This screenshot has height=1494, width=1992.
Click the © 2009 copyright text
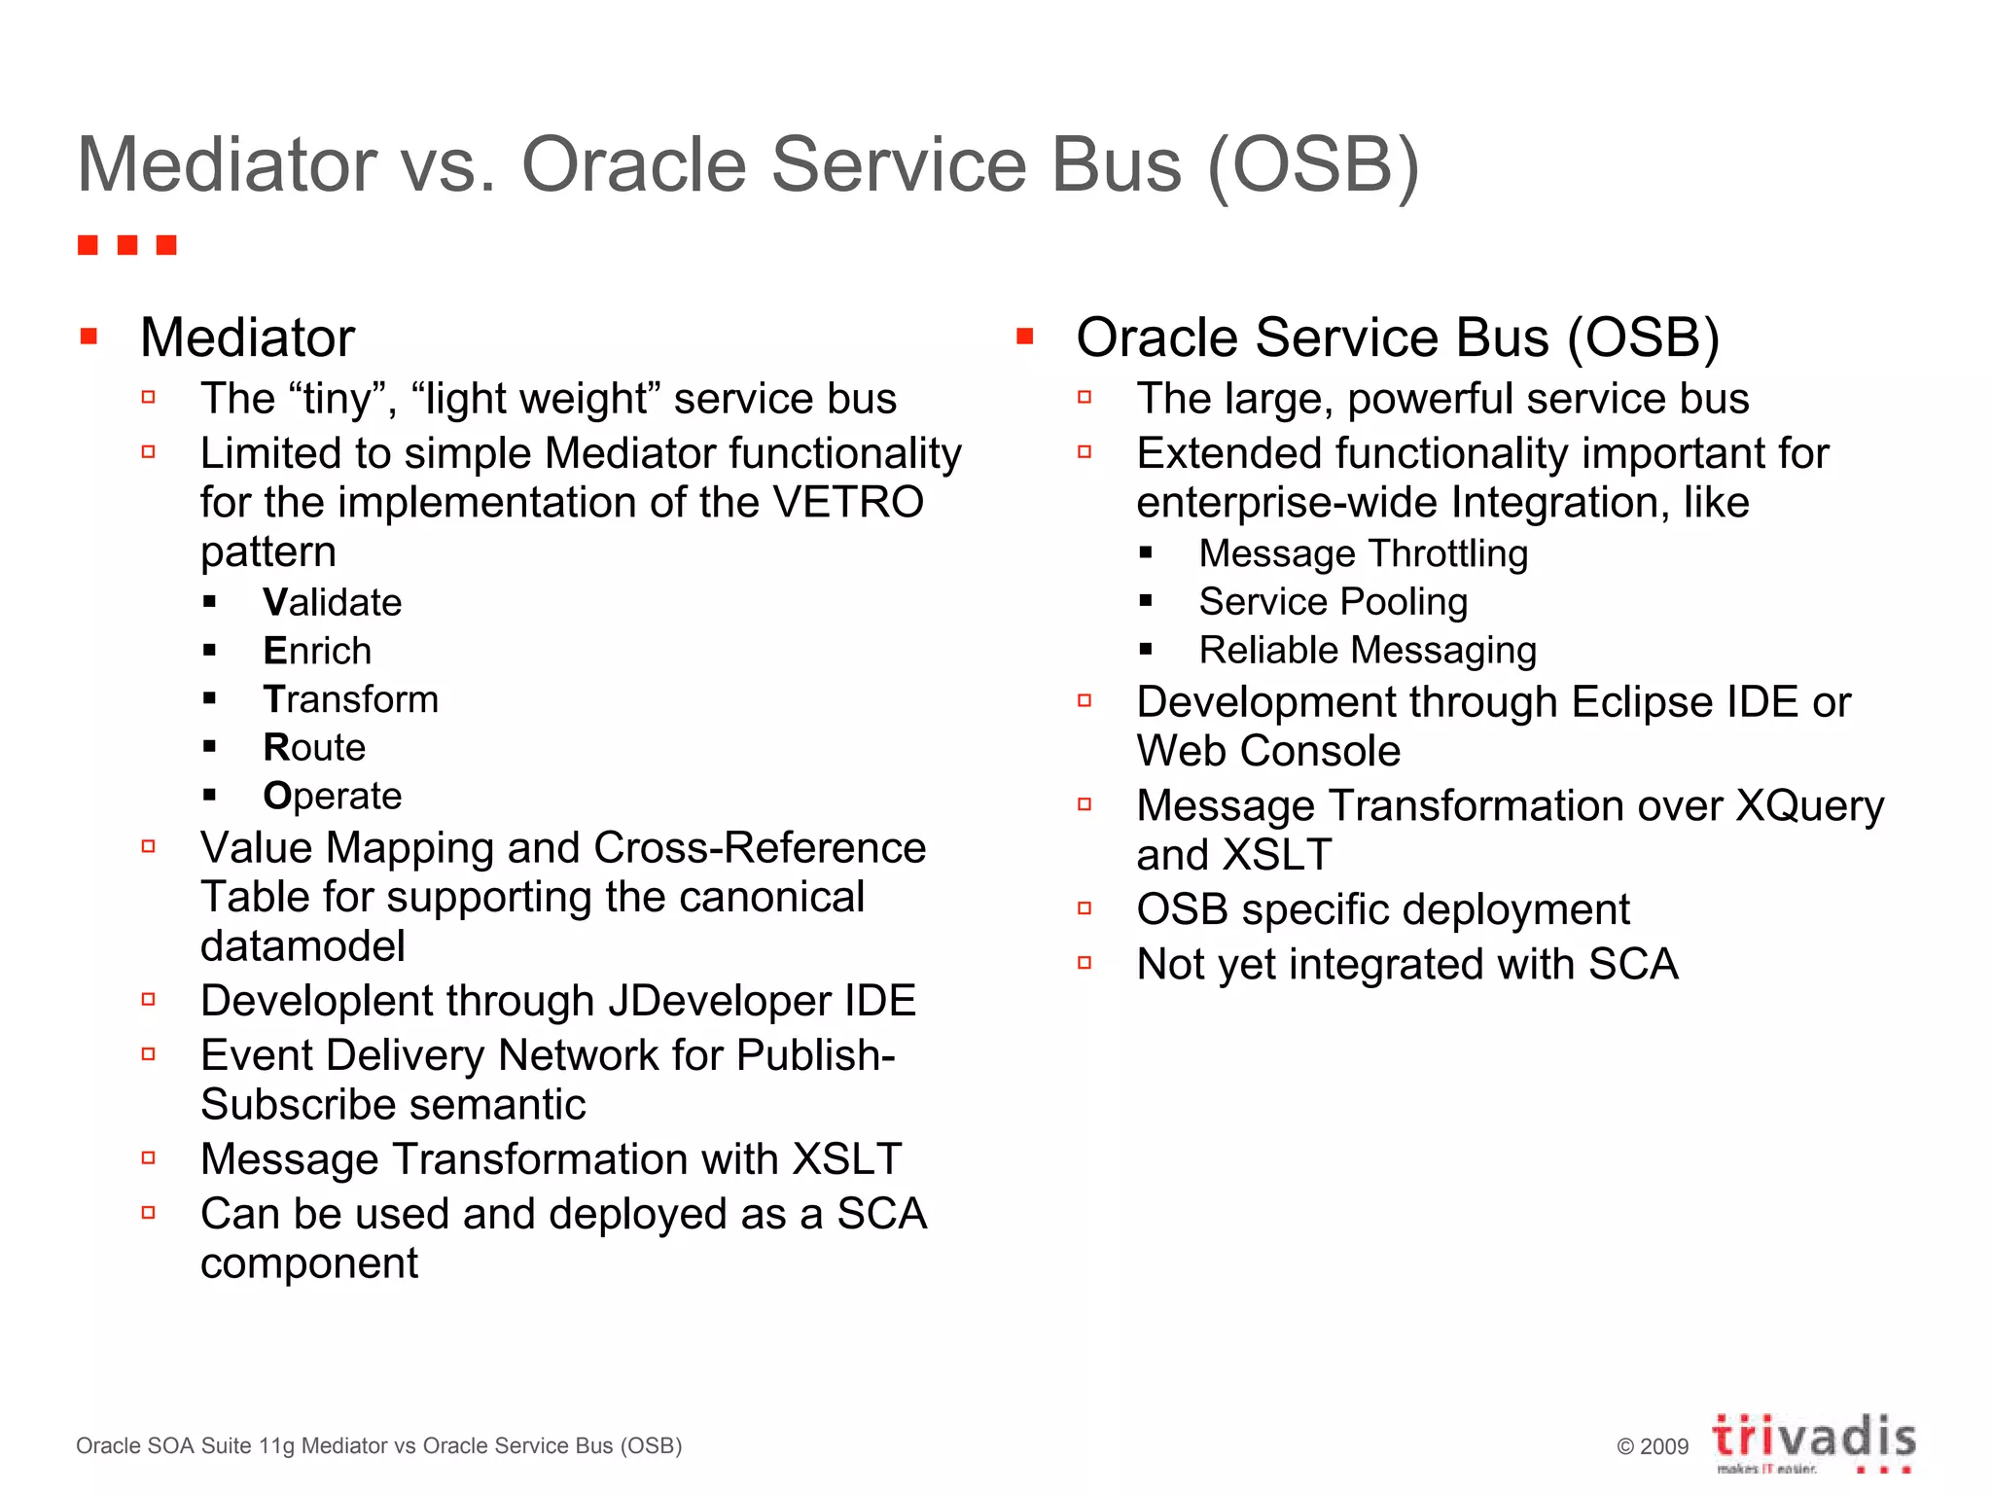tap(1652, 1446)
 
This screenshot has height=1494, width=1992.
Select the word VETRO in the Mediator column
tap(847, 503)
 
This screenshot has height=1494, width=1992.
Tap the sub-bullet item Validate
tap(332, 603)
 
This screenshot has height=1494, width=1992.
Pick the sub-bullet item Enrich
tap(317, 651)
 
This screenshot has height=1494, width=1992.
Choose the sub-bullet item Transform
tap(350, 699)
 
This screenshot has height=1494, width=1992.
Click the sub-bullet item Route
tap(314, 747)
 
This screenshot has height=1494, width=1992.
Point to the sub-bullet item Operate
tap(332, 796)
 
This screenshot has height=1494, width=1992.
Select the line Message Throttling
tap(1363, 553)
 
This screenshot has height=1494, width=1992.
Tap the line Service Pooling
tap(1333, 602)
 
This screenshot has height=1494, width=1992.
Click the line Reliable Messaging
tap(1367, 650)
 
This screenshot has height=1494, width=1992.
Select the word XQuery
tap(1810, 806)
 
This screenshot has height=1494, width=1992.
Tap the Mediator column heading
tap(247, 338)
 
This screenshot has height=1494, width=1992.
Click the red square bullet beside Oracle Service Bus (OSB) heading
tap(1024, 338)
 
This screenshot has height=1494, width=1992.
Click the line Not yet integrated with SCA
tap(1406, 965)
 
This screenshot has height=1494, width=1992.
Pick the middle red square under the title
tap(126, 244)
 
